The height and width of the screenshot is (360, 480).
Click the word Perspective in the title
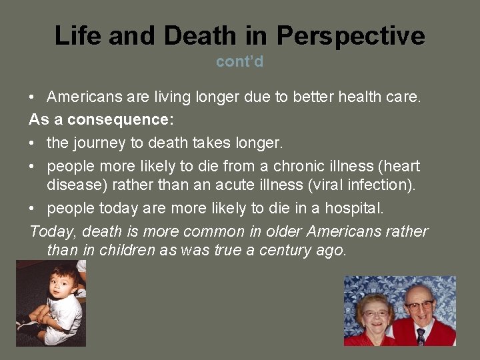pos(351,35)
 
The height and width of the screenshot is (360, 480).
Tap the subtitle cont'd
pos(239,62)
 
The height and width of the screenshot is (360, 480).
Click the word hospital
pos(353,208)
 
